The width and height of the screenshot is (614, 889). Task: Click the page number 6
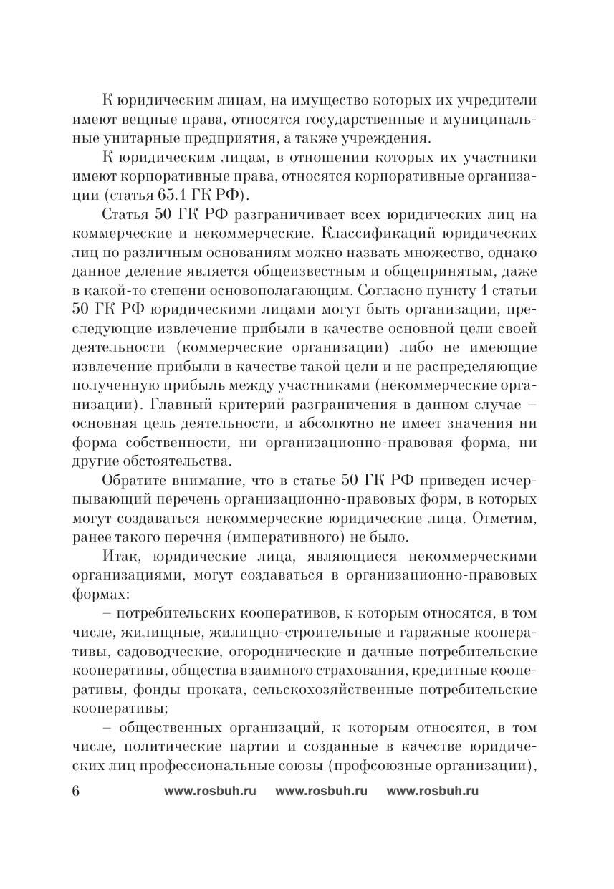77,791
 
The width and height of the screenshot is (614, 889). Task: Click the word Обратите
136,478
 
